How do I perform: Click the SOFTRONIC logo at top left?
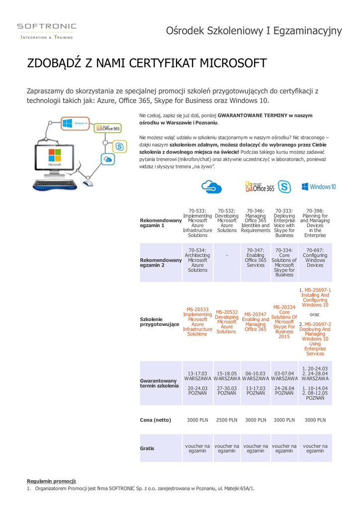click(x=47, y=30)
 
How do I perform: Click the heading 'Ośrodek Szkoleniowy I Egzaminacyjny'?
click(x=254, y=31)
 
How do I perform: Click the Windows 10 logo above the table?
click(x=318, y=187)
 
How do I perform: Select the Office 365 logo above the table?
click(x=260, y=187)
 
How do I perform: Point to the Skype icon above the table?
click(x=284, y=187)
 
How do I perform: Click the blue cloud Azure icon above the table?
click(x=211, y=187)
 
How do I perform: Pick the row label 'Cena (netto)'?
click(x=155, y=420)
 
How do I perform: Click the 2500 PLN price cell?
click(x=227, y=420)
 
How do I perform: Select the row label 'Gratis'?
click(x=147, y=448)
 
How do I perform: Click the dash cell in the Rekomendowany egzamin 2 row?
click(x=227, y=255)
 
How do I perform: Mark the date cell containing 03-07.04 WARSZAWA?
click(x=284, y=376)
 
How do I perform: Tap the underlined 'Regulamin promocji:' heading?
click(x=51, y=481)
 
